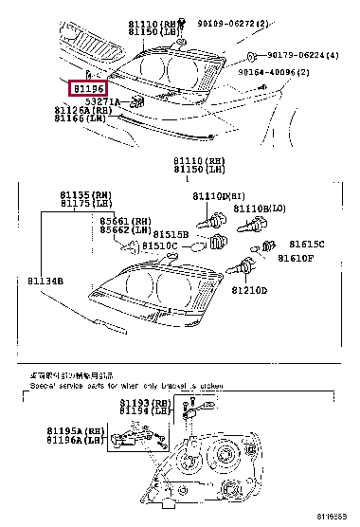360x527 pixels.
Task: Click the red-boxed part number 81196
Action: click(x=88, y=89)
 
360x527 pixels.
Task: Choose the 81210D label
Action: click(x=250, y=290)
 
